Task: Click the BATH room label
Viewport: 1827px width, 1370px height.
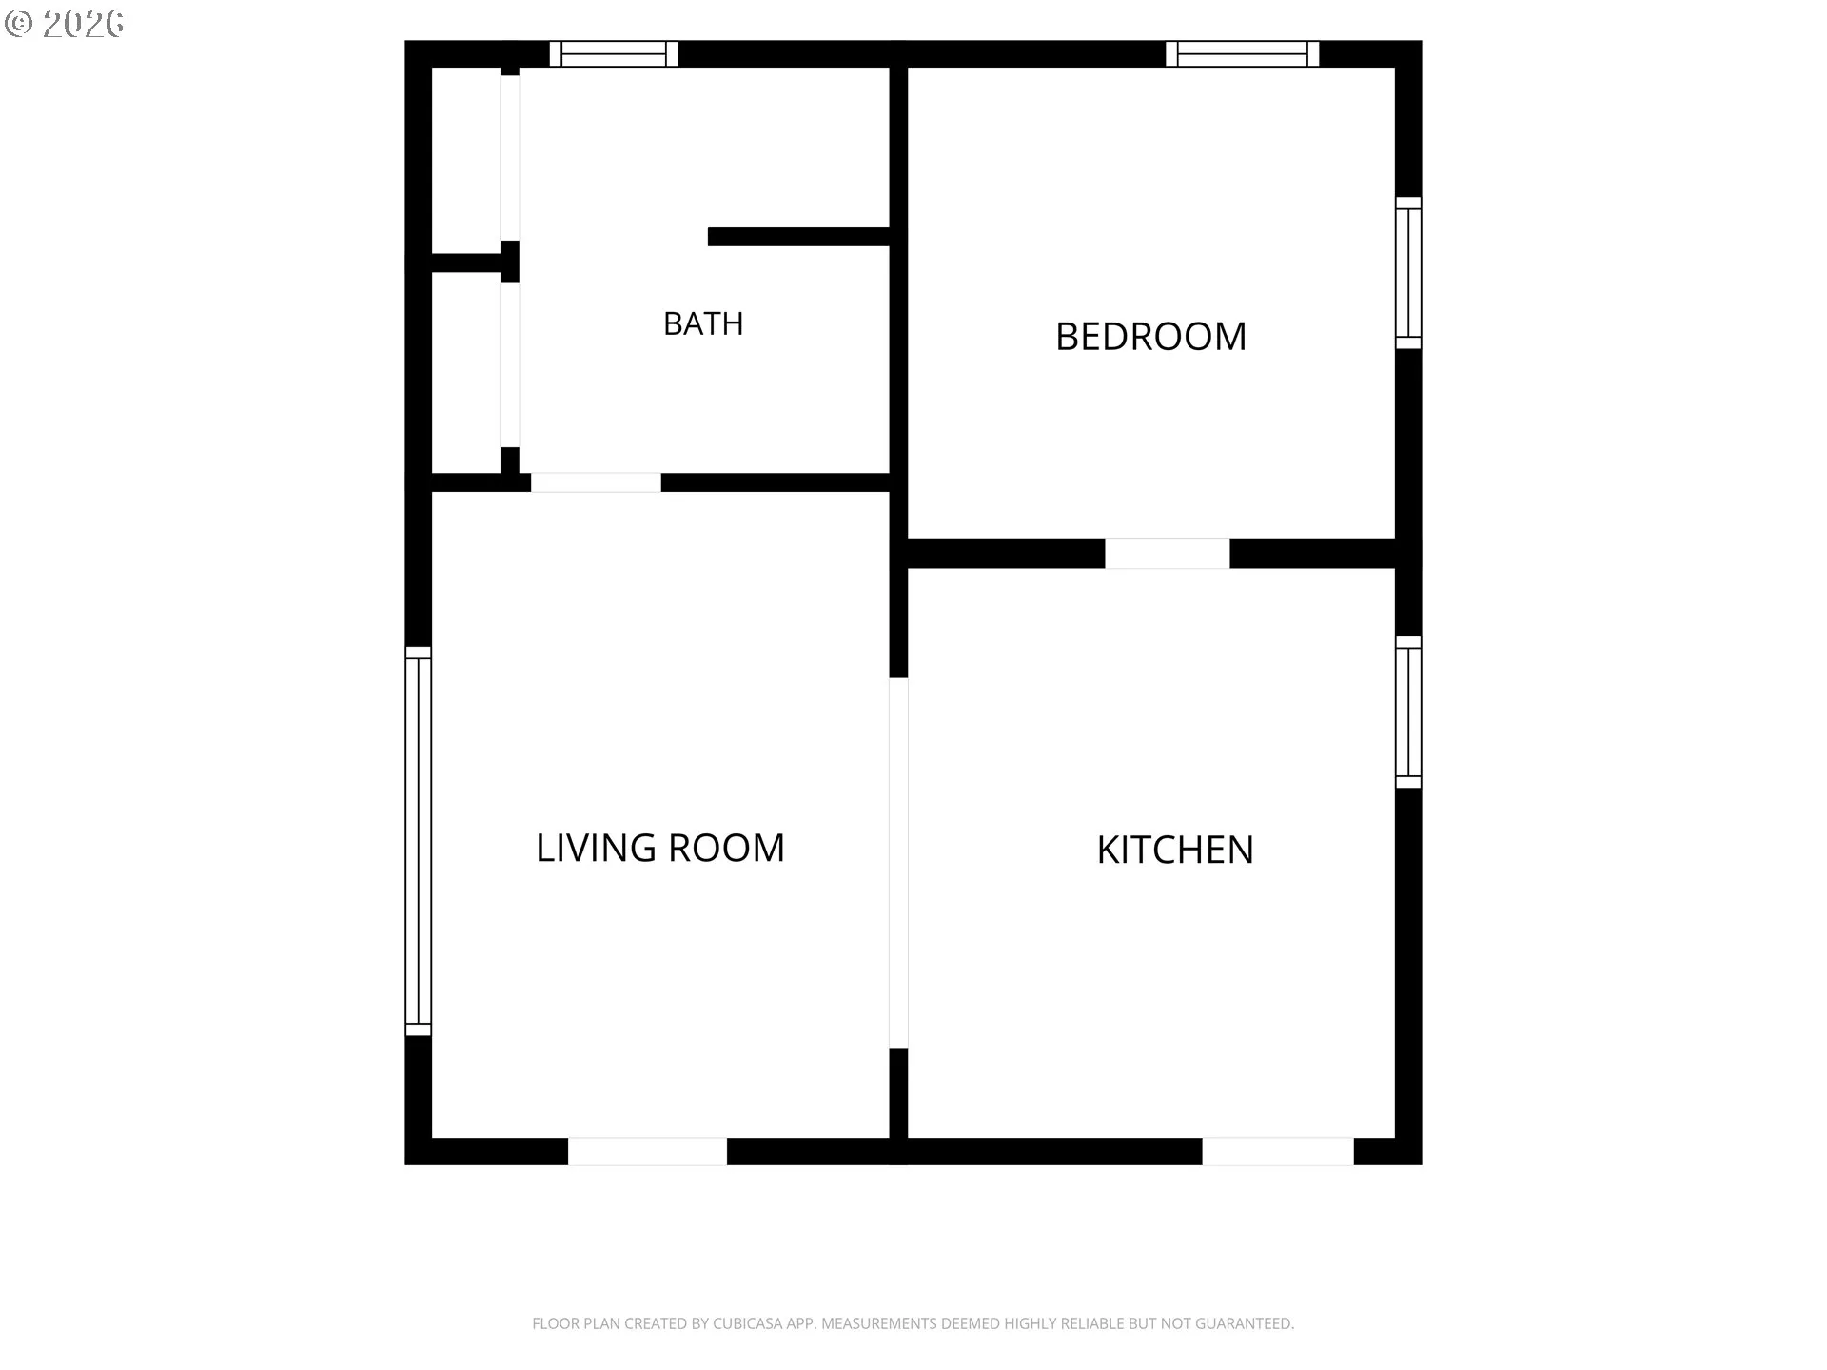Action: click(703, 323)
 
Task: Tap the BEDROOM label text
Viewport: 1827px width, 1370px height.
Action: click(1150, 336)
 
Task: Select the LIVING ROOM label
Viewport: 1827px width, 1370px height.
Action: click(660, 848)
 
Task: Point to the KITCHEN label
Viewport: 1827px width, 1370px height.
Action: click(1175, 850)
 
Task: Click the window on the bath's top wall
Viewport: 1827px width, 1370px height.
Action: click(614, 54)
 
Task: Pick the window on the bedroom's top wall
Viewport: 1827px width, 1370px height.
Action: click(1243, 54)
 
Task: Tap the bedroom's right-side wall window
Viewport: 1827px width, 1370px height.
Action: click(1408, 273)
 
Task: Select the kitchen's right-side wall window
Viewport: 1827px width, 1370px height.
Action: click(1408, 713)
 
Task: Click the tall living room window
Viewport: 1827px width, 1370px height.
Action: click(419, 841)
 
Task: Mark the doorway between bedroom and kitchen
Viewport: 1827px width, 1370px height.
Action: click(1168, 554)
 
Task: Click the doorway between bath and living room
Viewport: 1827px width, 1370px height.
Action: click(596, 482)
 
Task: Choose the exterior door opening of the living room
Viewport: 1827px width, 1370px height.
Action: click(648, 1151)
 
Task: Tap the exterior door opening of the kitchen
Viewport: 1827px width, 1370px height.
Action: click(1278, 1151)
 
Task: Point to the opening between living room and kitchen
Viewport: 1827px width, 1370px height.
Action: click(898, 863)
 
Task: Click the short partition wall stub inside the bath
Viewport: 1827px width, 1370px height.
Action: click(798, 237)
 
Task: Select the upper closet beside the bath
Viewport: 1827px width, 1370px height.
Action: click(466, 160)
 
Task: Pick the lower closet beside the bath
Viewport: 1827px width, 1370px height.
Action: click(466, 373)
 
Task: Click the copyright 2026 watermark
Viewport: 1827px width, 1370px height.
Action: click(64, 23)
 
